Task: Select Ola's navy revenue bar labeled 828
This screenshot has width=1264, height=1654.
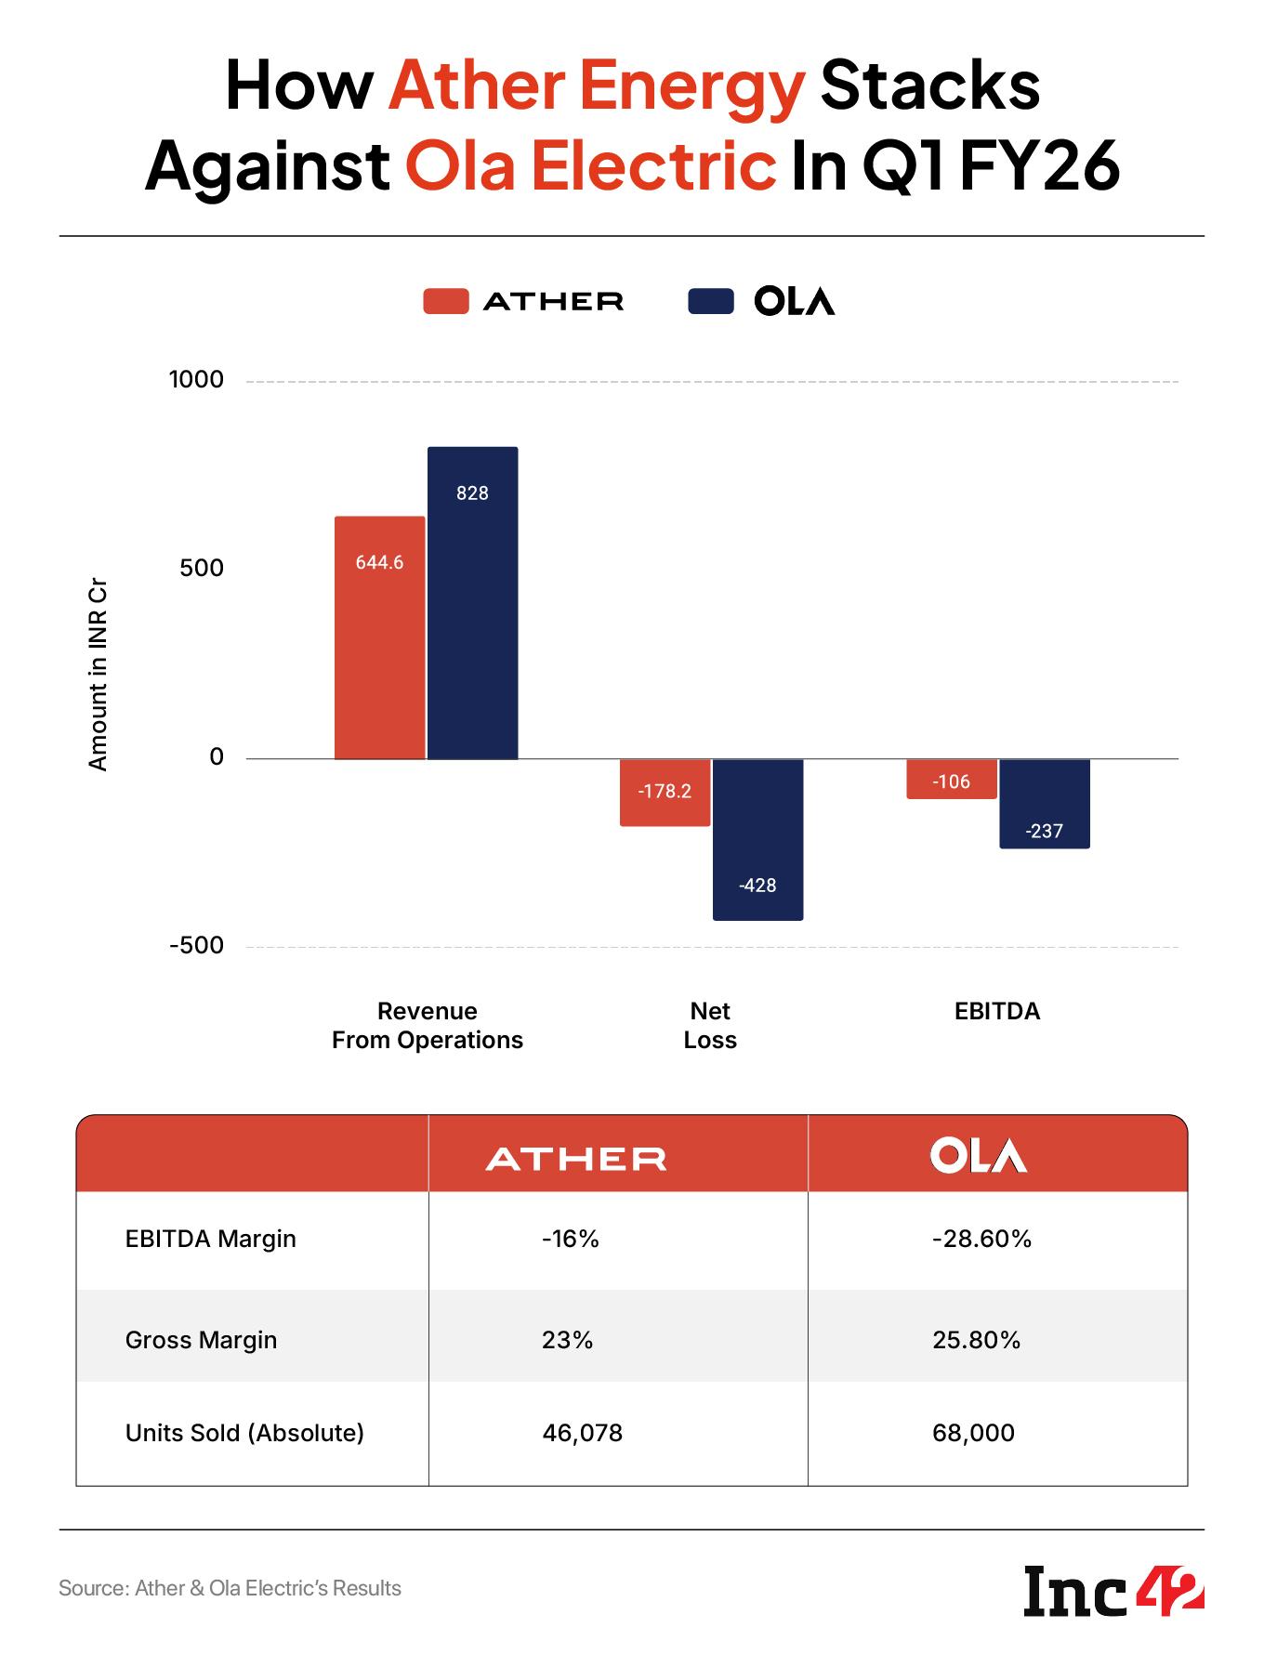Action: (x=472, y=603)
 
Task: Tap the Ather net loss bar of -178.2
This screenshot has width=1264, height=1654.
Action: (x=665, y=793)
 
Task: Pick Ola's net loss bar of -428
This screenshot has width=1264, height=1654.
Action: (x=757, y=840)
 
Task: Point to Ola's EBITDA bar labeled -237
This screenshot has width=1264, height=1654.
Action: (x=1045, y=804)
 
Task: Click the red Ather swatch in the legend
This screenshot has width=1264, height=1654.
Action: (x=445, y=301)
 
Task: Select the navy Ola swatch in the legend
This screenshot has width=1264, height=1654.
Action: (x=710, y=301)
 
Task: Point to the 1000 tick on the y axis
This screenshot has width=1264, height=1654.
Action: (x=196, y=380)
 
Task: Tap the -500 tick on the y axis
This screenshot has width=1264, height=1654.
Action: (x=196, y=946)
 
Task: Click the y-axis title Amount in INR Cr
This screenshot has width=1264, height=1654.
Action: (x=98, y=676)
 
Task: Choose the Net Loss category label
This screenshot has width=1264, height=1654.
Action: (x=710, y=1025)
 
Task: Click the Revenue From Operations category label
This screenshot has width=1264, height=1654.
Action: (x=428, y=1025)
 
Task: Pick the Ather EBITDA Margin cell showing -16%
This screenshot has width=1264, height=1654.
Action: (x=571, y=1239)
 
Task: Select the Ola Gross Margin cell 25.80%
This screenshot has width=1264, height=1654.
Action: (x=977, y=1340)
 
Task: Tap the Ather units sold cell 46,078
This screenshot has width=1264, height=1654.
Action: (x=583, y=1433)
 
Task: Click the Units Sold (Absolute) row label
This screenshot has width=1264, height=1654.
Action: (x=244, y=1433)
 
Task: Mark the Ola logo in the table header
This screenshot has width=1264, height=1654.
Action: (x=978, y=1155)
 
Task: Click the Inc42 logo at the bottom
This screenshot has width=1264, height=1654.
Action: (x=1113, y=1591)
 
